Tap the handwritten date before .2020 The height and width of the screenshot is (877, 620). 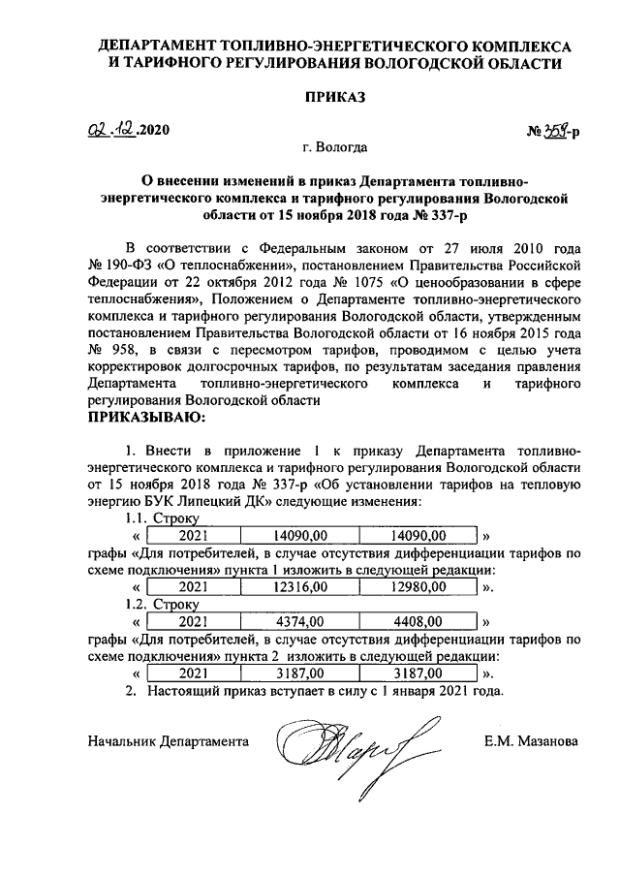108,130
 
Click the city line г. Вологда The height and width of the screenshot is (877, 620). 334,147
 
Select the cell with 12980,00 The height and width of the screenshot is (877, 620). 418,587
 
